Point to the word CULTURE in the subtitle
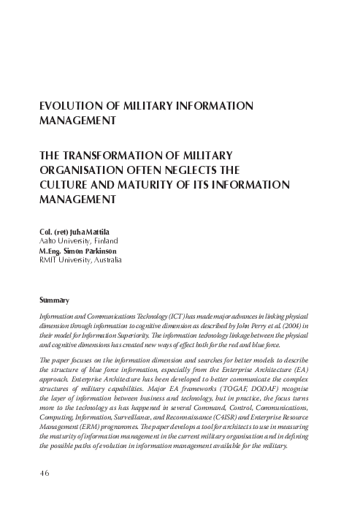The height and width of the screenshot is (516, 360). [65, 183]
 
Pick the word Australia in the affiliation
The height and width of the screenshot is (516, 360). [106, 259]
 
